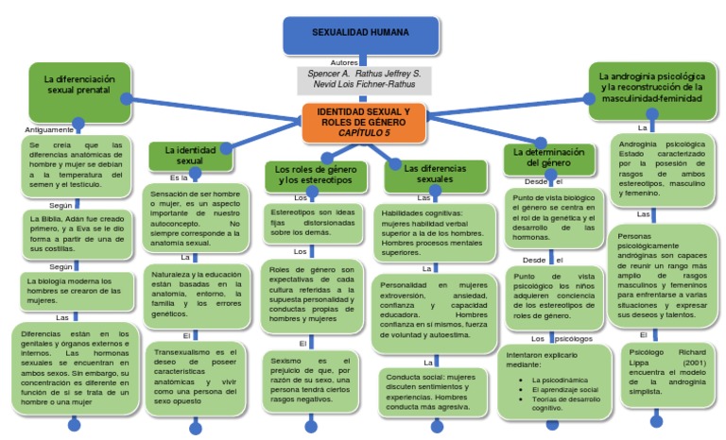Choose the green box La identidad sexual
click(x=190, y=155)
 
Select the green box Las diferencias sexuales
click(x=435, y=174)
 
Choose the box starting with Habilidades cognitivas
click(x=434, y=232)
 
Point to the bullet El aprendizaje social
click(x=564, y=389)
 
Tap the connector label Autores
click(x=345, y=61)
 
